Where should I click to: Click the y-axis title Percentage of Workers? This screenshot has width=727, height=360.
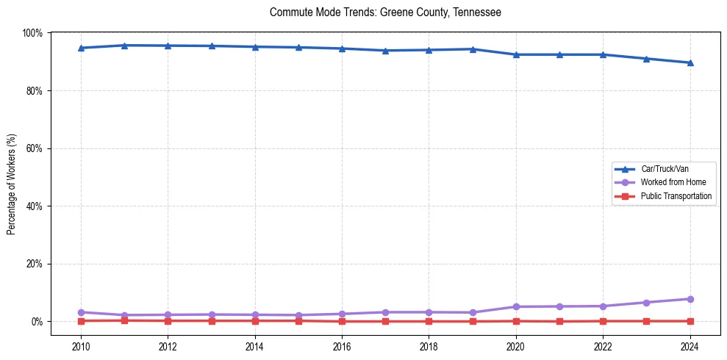pyautogui.click(x=12, y=184)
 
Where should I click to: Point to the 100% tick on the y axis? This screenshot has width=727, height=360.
pyautogui.click(x=32, y=33)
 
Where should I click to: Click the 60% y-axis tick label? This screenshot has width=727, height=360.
pyautogui.click(x=34, y=148)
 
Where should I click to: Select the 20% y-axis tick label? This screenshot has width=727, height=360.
pyautogui.click(x=34, y=264)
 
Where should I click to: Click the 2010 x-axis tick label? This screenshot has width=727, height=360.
pyautogui.click(x=81, y=346)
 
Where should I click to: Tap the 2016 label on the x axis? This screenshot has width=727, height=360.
pyautogui.click(x=342, y=346)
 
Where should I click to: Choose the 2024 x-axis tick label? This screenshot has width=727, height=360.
pyautogui.click(x=690, y=346)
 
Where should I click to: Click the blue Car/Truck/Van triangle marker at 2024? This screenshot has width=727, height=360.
pyautogui.click(x=690, y=62)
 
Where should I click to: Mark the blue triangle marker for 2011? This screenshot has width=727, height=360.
pyautogui.click(x=124, y=46)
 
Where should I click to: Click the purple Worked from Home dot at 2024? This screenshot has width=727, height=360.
pyautogui.click(x=690, y=299)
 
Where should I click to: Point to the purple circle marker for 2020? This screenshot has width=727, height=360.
pyautogui.click(x=516, y=306)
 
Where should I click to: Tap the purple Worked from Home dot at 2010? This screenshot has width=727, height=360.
pyautogui.click(x=81, y=312)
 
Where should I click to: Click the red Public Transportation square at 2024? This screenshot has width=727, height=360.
pyautogui.click(x=690, y=321)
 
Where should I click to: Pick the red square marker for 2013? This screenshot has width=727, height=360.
pyautogui.click(x=212, y=320)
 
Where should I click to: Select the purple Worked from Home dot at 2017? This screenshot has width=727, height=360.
pyautogui.click(x=385, y=312)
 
